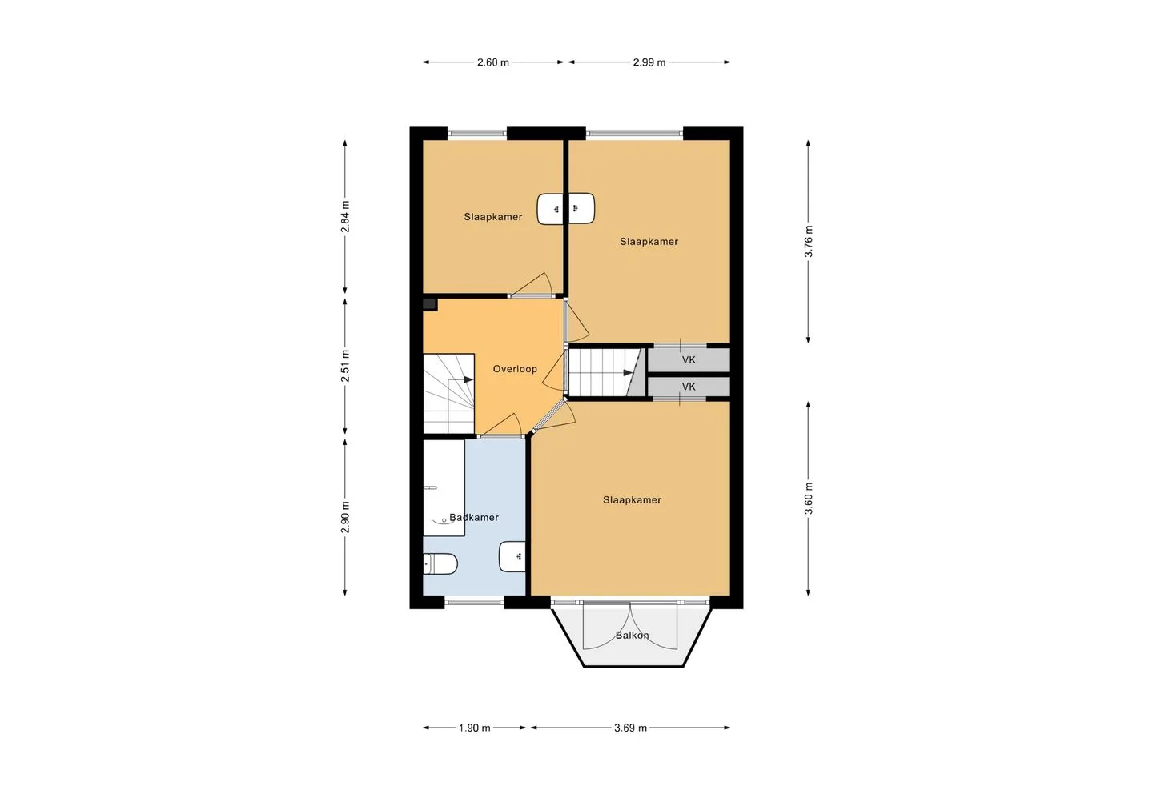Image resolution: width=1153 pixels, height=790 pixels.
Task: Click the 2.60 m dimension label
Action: [492, 62]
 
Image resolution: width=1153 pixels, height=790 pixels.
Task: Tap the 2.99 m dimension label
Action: [649, 62]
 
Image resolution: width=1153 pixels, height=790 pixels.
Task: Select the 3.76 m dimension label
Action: [808, 242]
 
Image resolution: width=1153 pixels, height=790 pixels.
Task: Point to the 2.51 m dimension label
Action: [345, 366]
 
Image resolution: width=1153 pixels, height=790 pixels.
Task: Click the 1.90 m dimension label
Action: [474, 728]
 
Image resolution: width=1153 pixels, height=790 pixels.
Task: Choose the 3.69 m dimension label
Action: [630, 728]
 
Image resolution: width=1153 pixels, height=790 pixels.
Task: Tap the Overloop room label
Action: [515, 369]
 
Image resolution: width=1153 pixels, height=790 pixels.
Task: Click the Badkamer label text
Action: [473, 517]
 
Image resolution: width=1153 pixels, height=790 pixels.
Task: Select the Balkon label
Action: [632, 635]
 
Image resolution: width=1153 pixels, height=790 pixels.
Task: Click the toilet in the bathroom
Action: [440, 564]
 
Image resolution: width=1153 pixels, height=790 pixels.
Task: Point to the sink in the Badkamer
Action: [512, 556]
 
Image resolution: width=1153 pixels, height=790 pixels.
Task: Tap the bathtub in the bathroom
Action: [444, 488]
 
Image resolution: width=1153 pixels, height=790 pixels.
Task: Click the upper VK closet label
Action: [689, 359]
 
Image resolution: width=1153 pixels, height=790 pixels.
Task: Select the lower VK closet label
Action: [689, 387]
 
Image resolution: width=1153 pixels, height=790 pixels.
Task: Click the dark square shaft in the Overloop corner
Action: [430, 304]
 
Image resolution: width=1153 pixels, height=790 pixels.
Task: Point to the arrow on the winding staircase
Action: [468, 380]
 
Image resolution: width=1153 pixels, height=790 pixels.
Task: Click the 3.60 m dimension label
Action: [808, 498]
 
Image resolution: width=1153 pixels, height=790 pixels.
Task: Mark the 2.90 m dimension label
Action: [345, 517]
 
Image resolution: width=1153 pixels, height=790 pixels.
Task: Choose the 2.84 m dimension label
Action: [345, 217]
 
